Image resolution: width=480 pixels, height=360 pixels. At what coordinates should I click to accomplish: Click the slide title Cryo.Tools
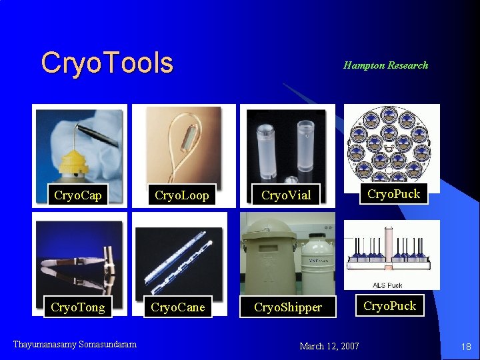click(107, 63)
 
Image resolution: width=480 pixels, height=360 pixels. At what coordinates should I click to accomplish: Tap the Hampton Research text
click(385, 65)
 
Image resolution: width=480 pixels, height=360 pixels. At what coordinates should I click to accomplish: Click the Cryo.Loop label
click(181, 195)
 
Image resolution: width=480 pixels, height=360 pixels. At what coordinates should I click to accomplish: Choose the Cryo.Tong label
click(78, 307)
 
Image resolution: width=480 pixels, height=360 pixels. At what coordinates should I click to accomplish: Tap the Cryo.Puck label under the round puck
click(393, 194)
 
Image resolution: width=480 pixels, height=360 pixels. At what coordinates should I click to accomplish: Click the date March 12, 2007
click(329, 346)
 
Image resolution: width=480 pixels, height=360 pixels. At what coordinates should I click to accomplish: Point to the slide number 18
click(466, 347)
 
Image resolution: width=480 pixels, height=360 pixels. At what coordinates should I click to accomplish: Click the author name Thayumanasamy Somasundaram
click(75, 344)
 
